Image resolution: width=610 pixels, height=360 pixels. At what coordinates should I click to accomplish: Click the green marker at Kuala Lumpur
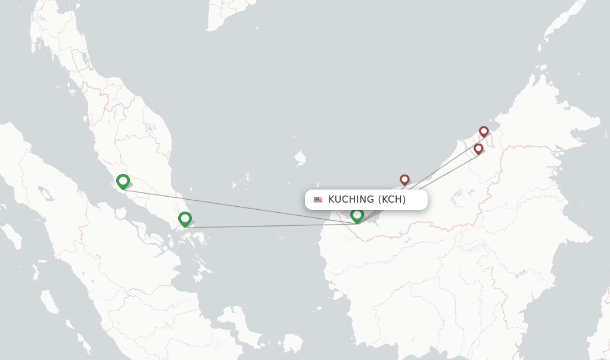tap(123, 181)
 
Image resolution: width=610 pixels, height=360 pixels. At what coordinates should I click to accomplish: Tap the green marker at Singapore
tap(185, 219)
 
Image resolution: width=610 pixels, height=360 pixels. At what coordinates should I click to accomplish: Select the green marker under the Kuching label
tap(357, 215)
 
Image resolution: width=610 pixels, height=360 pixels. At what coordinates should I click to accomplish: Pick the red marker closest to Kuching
tap(404, 179)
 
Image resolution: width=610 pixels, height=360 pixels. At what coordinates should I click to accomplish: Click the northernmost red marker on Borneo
tap(484, 131)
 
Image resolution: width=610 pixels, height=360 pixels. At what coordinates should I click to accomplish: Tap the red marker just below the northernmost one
tap(478, 148)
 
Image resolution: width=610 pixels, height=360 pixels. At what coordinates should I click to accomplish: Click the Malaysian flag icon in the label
tap(318, 200)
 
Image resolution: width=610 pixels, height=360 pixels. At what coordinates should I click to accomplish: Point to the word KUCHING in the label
tap(351, 200)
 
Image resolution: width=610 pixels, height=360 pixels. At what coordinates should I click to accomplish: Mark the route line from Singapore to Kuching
tap(268, 226)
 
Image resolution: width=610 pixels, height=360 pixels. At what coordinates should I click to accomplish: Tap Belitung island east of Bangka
tap(292, 342)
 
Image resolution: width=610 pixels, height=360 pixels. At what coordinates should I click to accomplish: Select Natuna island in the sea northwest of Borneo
tap(300, 159)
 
